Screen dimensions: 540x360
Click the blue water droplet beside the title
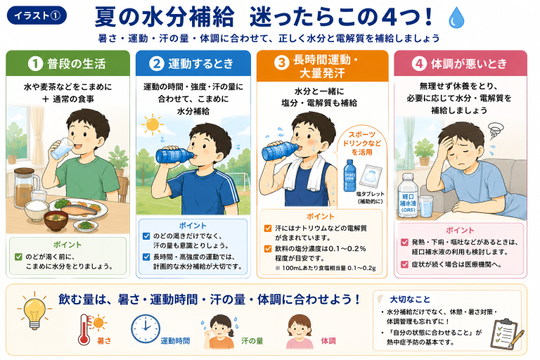pos(456,18)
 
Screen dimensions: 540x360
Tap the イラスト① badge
pos(37,15)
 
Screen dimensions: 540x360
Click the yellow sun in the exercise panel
pos(152,124)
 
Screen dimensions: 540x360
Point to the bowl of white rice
pos(37,210)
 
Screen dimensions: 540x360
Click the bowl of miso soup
pos(56,221)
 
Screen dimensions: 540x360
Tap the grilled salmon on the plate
pos(79,208)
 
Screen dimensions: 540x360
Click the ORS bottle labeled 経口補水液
pos(408,195)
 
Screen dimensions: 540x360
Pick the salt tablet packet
pos(371,176)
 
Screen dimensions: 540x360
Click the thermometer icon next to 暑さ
pos(84,329)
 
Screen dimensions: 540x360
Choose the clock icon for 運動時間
pos(146,328)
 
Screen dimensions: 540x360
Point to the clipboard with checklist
pos(505,333)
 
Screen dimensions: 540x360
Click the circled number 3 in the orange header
pos(281,63)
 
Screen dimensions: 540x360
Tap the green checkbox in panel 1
pos(18,257)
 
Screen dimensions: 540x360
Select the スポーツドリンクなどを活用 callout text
pos(362,143)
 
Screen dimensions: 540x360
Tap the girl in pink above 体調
pos(300,331)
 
